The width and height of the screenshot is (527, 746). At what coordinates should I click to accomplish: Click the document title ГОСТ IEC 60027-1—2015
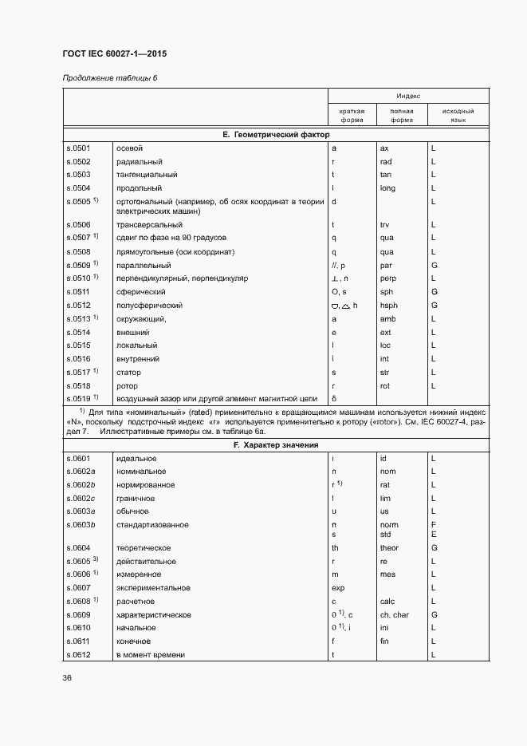point(114,53)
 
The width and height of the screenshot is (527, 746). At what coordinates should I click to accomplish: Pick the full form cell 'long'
point(387,187)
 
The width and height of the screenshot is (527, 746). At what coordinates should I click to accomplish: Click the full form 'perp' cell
point(388,278)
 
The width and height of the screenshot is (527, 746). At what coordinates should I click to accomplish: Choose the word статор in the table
point(129,372)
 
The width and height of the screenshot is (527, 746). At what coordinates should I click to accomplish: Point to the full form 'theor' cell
point(389,548)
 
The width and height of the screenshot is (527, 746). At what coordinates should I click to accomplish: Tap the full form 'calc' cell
point(388,601)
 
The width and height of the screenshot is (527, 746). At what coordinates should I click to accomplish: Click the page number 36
point(67,677)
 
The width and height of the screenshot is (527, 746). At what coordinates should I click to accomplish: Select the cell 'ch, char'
point(394,615)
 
